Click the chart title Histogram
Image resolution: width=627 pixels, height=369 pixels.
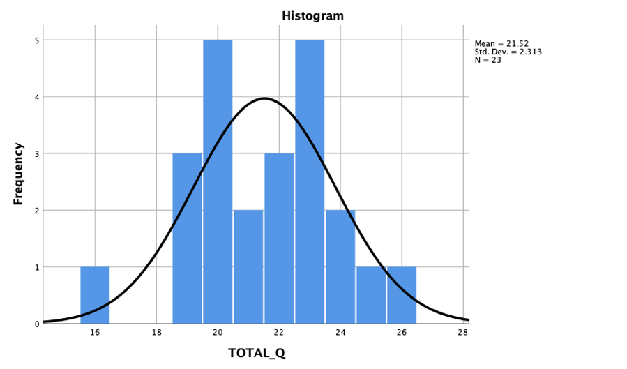coord(312,15)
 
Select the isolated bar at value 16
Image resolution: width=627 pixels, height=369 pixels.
coord(95,294)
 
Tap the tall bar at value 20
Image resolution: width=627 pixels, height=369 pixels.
coord(218,181)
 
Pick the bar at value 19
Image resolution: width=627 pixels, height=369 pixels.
coord(187,238)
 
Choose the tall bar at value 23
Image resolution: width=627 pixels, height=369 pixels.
coord(310,181)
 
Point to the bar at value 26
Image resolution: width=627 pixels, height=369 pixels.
coord(402,294)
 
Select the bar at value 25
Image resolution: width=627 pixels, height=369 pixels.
coord(371,294)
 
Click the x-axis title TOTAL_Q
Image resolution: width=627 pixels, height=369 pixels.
coord(257,353)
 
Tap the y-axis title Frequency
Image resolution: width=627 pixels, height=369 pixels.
coord(19,174)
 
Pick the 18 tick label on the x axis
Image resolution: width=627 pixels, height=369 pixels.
coord(156,333)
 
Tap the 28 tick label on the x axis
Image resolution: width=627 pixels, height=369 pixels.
coord(462,333)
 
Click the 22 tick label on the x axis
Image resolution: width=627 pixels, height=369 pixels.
coord(279,333)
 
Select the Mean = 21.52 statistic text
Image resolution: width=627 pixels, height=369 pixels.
coord(501,44)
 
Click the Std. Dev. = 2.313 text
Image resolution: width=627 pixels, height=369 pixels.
coord(508,52)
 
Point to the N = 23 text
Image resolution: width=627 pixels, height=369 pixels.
coord(488,59)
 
